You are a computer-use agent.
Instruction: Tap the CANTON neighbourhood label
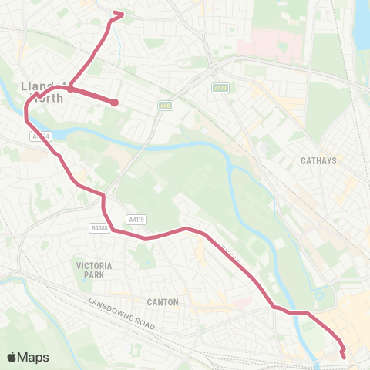click(163, 302)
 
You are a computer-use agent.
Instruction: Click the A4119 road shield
click(138, 219)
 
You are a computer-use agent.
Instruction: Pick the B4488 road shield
click(98, 228)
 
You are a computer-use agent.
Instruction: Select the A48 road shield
click(165, 106)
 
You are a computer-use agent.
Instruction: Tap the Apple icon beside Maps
click(12, 356)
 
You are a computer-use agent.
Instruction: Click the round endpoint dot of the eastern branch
click(114, 103)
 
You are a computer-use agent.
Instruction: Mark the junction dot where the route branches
click(69, 89)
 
